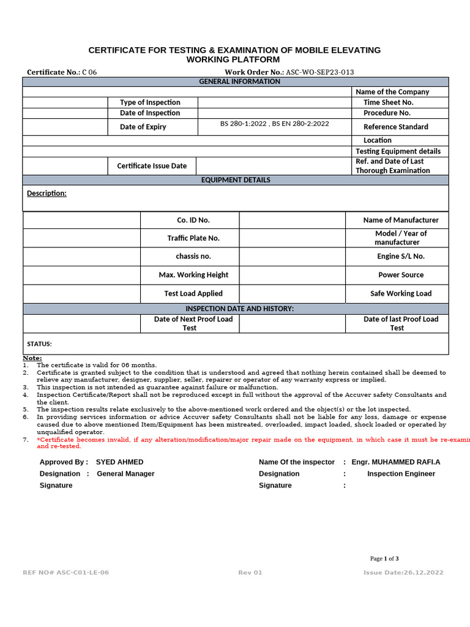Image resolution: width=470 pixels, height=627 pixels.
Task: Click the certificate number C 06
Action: (x=89, y=72)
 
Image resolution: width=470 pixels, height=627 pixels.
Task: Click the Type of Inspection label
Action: (x=150, y=102)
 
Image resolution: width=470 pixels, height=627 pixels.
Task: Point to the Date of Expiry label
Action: (x=143, y=127)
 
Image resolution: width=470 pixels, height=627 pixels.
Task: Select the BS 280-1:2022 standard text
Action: (x=244, y=124)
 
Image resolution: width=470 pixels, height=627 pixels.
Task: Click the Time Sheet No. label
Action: (x=388, y=102)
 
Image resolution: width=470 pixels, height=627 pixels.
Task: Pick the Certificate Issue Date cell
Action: (x=152, y=166)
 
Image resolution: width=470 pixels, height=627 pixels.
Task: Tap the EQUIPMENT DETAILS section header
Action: (x=236, y=180)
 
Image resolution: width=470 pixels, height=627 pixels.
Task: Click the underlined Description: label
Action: (x=47, y=193)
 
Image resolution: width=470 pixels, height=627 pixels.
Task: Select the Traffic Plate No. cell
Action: (x=193, y=238)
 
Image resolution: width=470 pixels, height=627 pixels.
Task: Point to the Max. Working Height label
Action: (x=193, y=275)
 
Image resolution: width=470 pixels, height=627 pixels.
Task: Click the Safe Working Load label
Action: (x=401, y=293)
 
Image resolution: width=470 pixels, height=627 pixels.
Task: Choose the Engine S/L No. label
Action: (x=401, y=257)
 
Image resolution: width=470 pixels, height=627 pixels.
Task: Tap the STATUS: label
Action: (x=39, y=344)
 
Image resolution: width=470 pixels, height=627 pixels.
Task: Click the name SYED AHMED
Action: (x=120, y=462)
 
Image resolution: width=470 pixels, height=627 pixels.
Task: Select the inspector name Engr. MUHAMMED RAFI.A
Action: (x=395, y=462)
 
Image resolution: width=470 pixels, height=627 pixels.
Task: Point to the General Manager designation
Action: (x=125, y=474)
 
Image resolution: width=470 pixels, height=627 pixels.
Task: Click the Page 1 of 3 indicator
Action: (x=384, y=558)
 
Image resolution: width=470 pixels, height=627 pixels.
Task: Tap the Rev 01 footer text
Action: (x=250, y=573)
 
